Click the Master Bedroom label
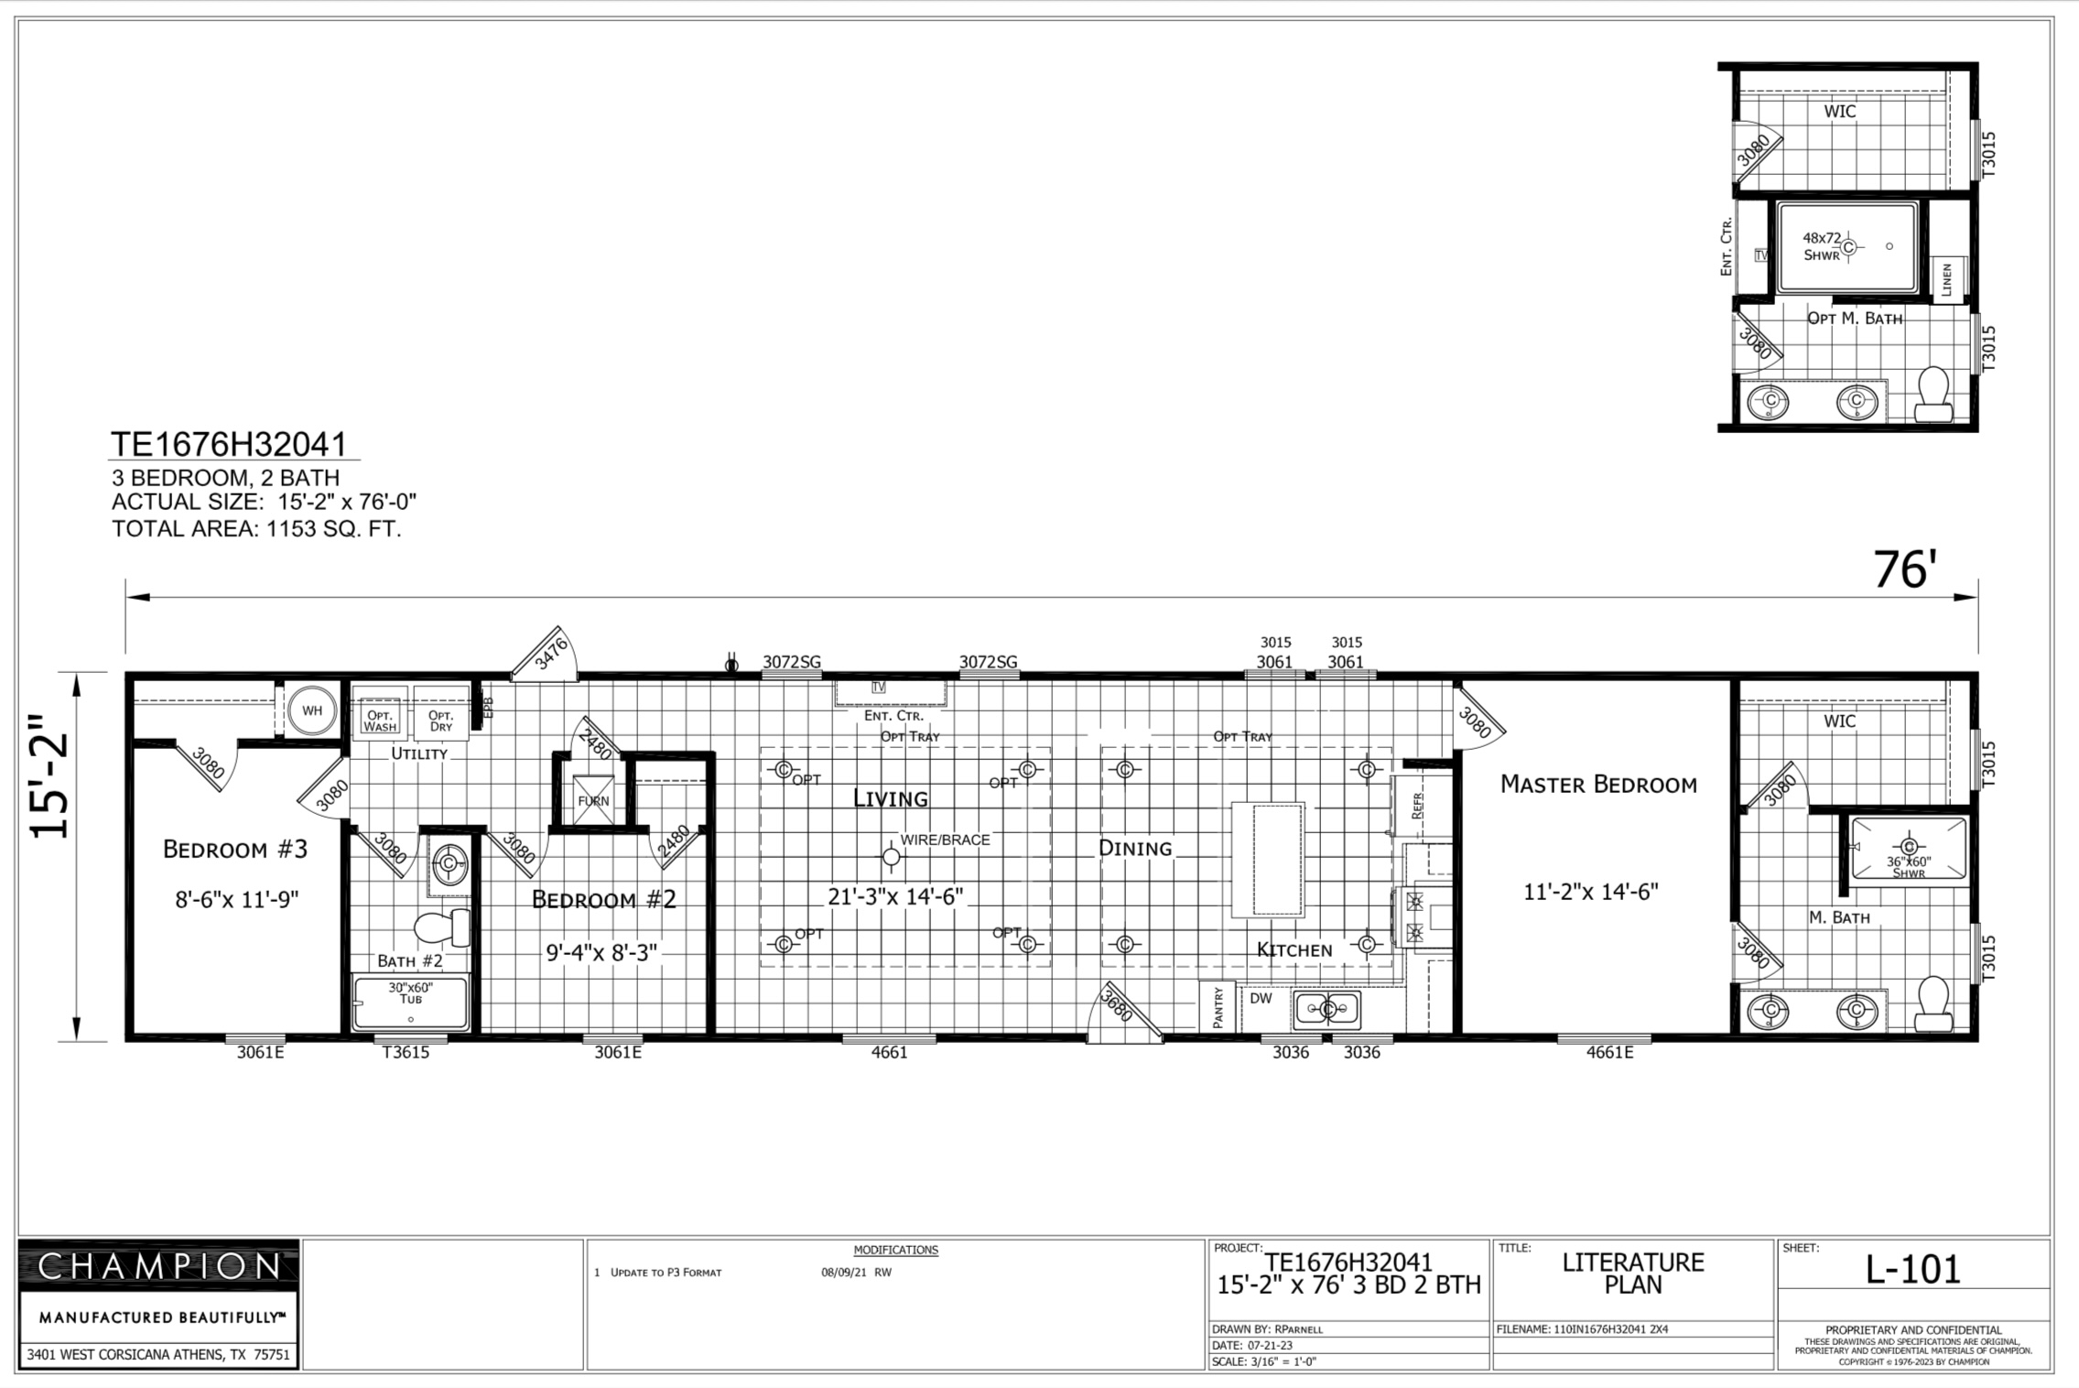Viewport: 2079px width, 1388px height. pyautogui.click(x=1598, y=785)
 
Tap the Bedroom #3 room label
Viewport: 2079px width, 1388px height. pyautogui.click(x=235, y=850)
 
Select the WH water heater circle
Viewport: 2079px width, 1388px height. pyautogui.click(x=312, y=710)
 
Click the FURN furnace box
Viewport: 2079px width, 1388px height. pyautogui.click(x=593, y=799)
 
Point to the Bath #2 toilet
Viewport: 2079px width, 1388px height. pyautogui.click(x=443, y=927)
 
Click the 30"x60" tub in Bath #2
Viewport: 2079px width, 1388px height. pyautogui.click(x=411, y=1003)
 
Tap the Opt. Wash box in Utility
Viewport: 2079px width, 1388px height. pyautogui.click(x=380, y=713)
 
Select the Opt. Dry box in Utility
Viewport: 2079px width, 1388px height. pyautogui.click(x=440, y=713)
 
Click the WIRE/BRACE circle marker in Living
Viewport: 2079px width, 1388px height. pyautogui.click(x=891, y=857)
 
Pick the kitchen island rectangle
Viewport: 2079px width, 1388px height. pyautogui.click(x=1267, y=860)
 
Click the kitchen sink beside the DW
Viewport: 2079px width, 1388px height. pyautogui.click(x=1327, y=1010)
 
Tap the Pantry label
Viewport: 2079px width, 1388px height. pyautogui.click(x=1218, y=1008)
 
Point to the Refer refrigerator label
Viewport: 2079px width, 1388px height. pyautogui.click(x=1418, y=805)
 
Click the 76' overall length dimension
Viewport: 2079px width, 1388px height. pyautogui.click(x=1904, y=569)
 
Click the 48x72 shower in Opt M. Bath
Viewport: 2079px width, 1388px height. pyautogui.click(x=1847, y=247)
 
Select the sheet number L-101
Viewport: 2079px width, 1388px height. pyautogui.click(x=1913, y=1269)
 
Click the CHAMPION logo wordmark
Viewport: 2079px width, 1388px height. pyautogui.click(x=159, y=1266)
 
